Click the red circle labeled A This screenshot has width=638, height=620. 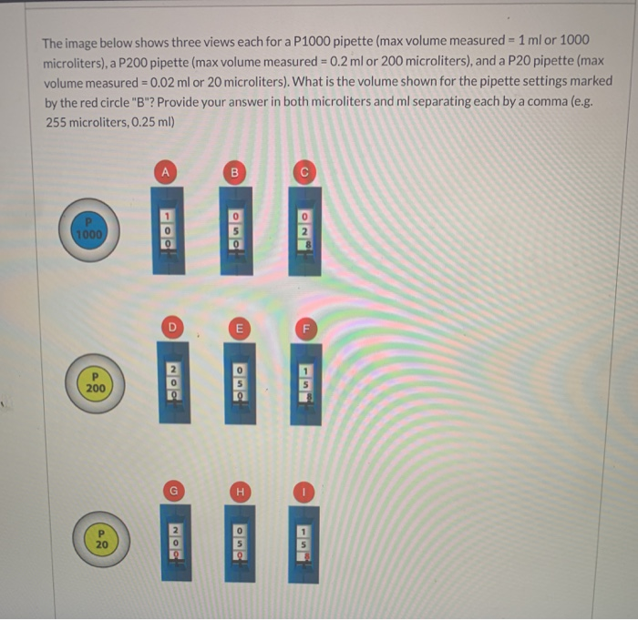coord(166,170)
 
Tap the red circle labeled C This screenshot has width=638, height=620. coord(304,170)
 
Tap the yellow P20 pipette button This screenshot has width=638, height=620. coord(103,538)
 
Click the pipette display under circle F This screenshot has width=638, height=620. coord(305,387)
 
